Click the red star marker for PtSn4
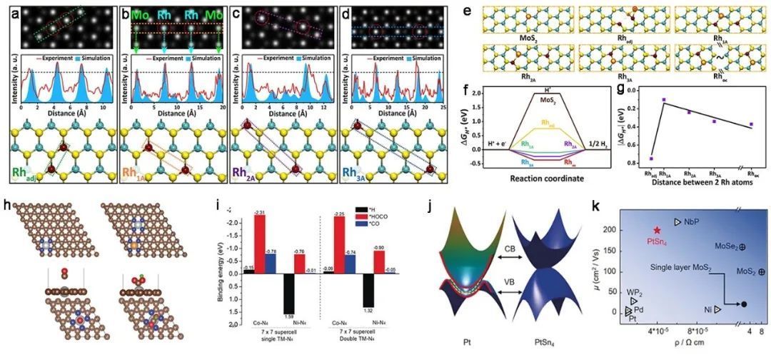tap(657, 231)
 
